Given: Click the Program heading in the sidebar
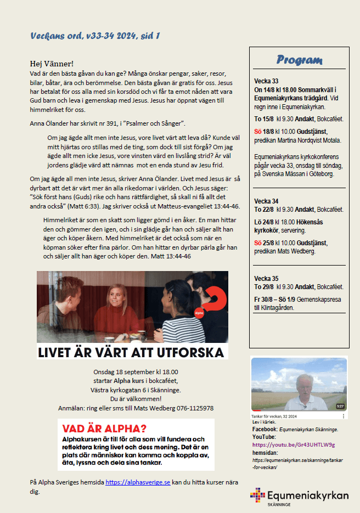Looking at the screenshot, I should (299, 60).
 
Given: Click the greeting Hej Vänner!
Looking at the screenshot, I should (52, 64).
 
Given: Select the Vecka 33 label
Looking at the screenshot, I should (266, 81).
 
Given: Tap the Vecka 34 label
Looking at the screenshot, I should (266, 201).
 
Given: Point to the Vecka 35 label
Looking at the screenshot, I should (266, 278).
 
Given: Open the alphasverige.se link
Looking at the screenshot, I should (138, 482).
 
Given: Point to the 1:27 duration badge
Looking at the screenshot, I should (340, 407).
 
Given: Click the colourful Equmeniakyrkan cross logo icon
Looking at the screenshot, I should (257, 495).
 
